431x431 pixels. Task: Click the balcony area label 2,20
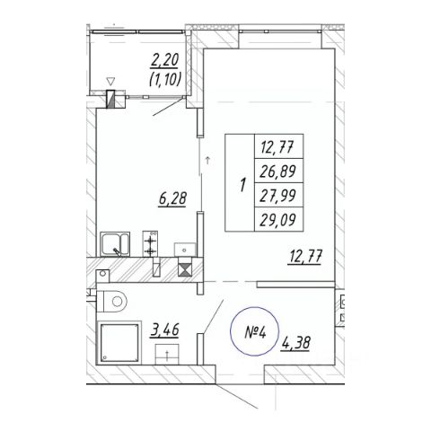click(164, 61)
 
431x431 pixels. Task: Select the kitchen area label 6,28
click(172, 198)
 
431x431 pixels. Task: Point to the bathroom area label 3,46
click(164, 330)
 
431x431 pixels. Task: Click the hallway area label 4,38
click(295, 343)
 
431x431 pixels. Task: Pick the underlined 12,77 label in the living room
click(305, 257)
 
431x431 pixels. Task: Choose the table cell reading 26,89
click(278, 171)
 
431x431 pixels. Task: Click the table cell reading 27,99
click(278, 195)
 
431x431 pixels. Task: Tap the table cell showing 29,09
click(278, 220)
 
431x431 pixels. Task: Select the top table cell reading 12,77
click(277, 147)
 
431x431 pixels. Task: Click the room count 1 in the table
click(242, 185)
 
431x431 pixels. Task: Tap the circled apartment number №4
click(255, 332)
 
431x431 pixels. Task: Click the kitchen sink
click(115, 244)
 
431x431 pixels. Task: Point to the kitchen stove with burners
click(150, 243)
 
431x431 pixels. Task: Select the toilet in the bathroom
click(112, 301)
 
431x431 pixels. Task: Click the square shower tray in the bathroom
click(120, 343)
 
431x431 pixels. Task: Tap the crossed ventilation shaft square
click(184, 269)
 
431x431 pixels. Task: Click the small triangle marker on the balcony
click(110, 81)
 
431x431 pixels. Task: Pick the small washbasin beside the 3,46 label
click(167, 354)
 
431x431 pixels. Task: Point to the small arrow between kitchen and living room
click(207, 160)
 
